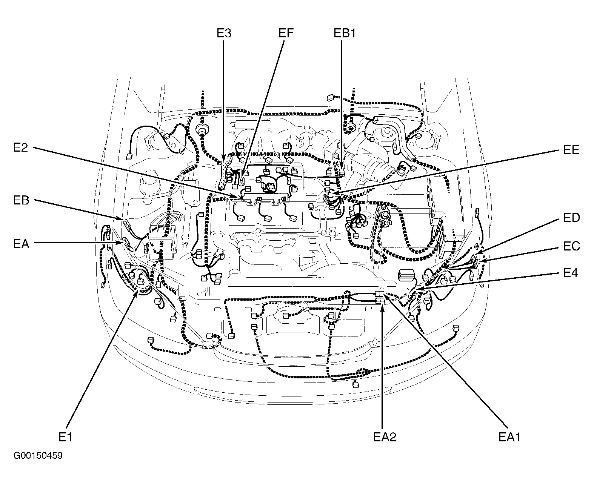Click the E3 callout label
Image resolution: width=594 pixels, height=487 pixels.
(x=224, y=33)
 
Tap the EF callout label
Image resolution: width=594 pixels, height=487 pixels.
(x=286, y=33)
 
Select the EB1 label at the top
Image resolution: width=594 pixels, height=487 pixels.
(x=345, y=33)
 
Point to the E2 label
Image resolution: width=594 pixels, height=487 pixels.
(x=20, y=147)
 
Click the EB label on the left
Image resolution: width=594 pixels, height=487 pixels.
(x=21, y=200)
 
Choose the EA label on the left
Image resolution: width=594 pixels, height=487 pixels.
(x=21, y=244)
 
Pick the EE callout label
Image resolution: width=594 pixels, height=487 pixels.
(x=571, y=149)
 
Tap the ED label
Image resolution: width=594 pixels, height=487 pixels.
(x=571, y=218)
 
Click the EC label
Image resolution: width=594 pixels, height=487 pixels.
(x=571, y=246)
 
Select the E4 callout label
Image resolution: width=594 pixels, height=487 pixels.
(x=571, y=272)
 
